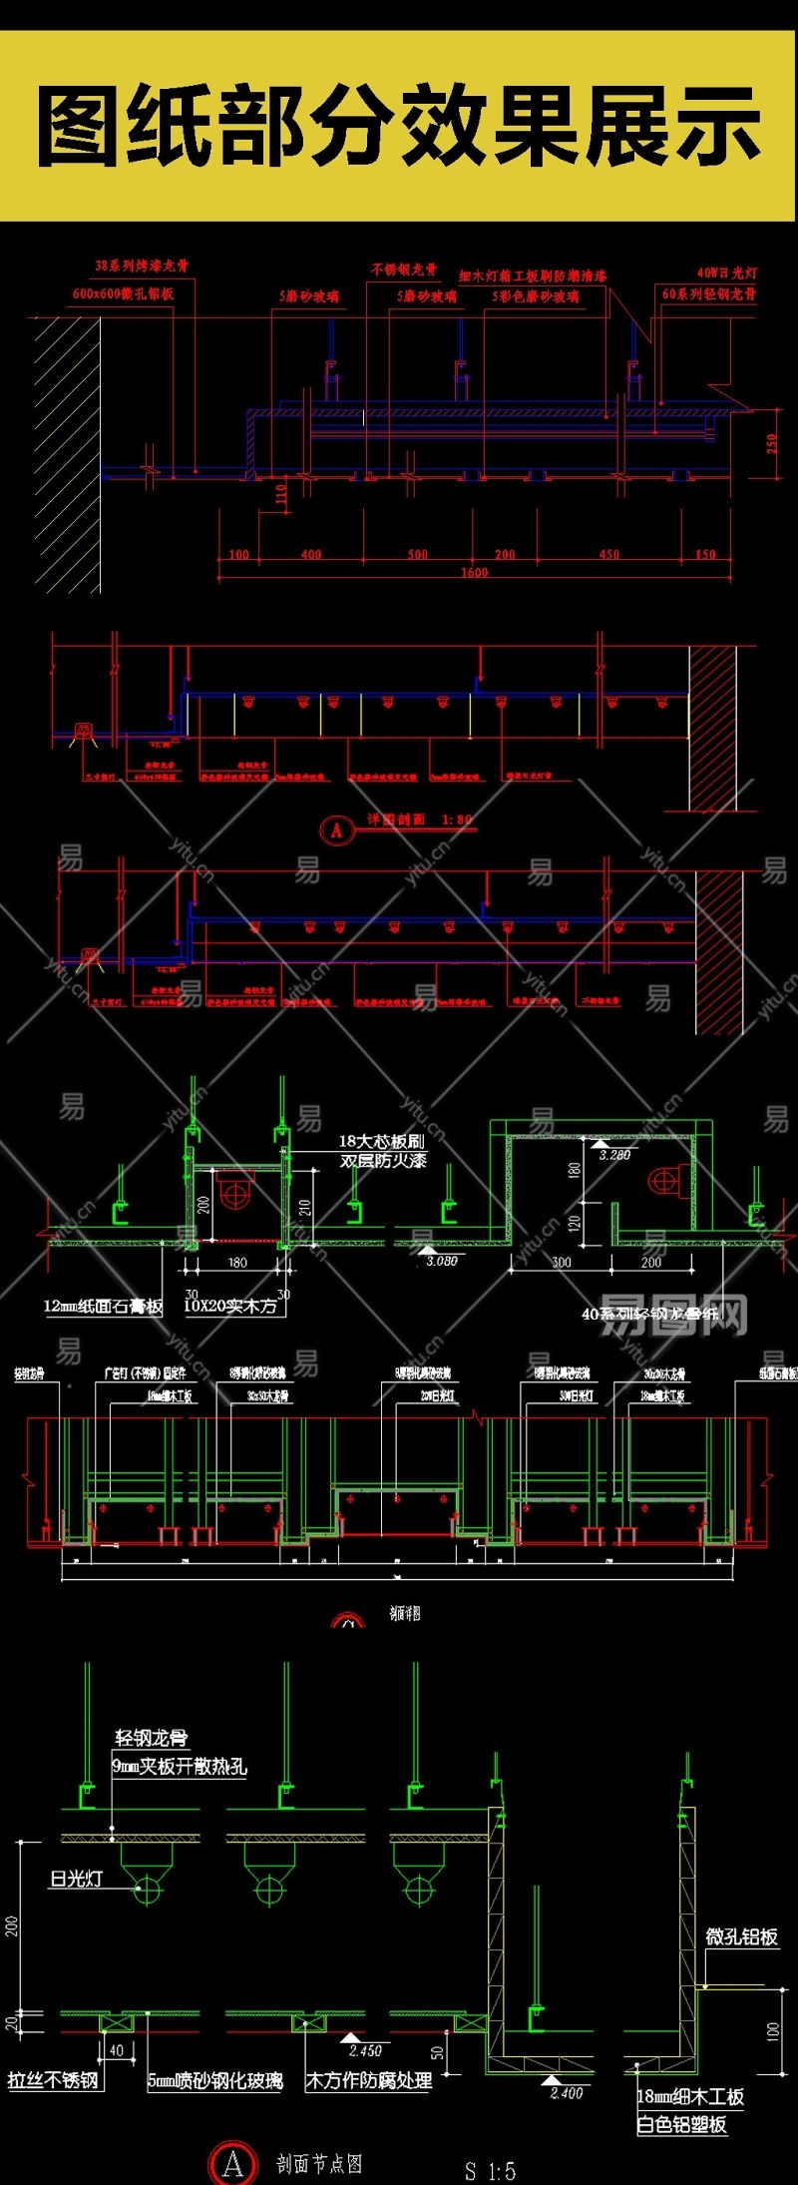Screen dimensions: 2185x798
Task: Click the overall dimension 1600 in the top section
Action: pos(475,572)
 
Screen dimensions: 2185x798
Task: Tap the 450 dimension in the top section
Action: pos(609,554)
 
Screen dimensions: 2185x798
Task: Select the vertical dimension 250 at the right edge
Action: pos(772,443)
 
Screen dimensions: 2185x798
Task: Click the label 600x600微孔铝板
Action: pos(123,293)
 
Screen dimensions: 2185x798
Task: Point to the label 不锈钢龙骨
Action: pos(404,270)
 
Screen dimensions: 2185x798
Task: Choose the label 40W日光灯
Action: pos(726,273)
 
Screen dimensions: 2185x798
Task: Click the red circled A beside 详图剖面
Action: pos(337,829)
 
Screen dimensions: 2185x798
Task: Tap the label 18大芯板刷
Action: pos(381,1140)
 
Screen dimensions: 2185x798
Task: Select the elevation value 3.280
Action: pos(614,1155)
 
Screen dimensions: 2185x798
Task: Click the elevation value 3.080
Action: pos(441,1261)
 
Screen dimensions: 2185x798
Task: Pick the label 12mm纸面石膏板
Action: pos(103,1306)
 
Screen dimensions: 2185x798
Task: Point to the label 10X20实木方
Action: pos(230,1306)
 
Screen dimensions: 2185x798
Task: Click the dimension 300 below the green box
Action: pos(562,1263)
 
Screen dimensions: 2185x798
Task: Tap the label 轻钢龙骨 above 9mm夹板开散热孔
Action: pos(151,1738)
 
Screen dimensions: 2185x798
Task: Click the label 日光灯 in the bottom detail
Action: pos(77,1879)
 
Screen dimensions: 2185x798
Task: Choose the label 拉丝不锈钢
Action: pos(54,2081)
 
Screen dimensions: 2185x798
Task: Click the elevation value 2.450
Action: pos(365,2051)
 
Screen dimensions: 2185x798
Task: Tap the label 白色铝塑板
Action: pos(682,2125)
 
